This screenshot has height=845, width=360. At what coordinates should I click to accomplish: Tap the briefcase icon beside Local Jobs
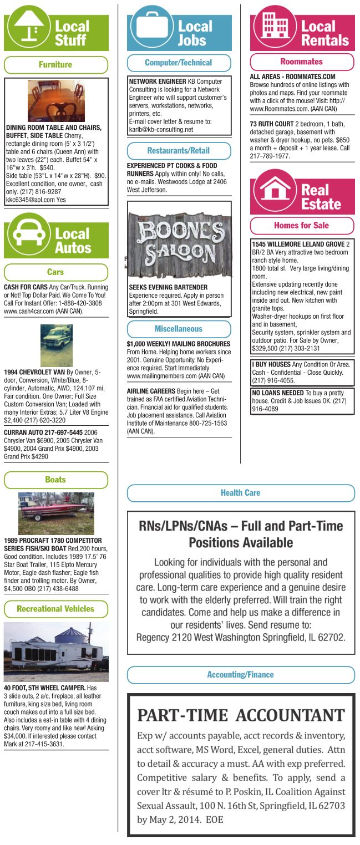click(x=150, y=29)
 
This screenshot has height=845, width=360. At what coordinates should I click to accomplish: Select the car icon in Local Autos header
click(x=28, y=235)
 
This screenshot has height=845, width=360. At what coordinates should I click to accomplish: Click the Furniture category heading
click(x=55, y=65)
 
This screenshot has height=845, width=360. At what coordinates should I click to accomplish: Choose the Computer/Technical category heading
click(x=179, y=63)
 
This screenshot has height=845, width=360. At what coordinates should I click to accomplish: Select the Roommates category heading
click(x=301, y=62)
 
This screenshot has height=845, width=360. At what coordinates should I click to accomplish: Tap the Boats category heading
click(x=55, y=480)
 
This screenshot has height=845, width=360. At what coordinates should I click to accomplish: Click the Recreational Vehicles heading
click(x=55, y=609)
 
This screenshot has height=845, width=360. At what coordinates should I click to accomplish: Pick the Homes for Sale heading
click(x=301, y=225)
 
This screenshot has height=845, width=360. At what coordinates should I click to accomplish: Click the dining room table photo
click(x=56, y=100)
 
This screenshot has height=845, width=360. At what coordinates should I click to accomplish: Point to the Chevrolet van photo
click(x=56, y=345)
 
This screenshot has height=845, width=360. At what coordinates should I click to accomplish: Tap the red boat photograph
click(x=56, y=513)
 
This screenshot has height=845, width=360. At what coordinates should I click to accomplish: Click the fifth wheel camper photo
click(x=56, y=651)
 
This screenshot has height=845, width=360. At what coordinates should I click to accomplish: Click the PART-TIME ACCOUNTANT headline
click(x=241, y=715)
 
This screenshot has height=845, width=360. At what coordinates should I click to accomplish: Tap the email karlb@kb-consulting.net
click(x=161, y=130)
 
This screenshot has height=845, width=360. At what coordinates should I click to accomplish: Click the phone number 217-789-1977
click(x=270, y=156)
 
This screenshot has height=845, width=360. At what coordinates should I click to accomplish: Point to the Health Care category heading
click(x=240, y=492)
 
